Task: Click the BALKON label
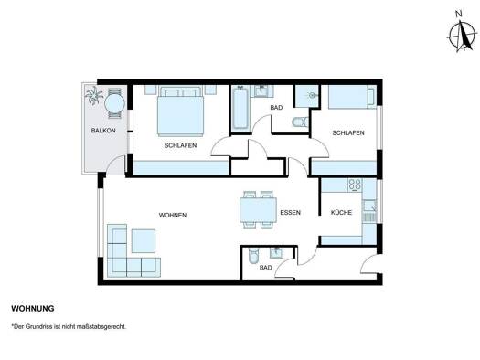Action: (x=103, y=131)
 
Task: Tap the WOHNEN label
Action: (x=173, y=216)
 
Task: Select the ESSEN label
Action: (x=290, y=213)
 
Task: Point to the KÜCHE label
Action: (x=341, y=212)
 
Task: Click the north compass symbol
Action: (x=462, y=33)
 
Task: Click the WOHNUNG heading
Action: (x=33, y=309)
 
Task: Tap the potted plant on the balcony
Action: (x=94, y=95)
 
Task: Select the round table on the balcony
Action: (x=114, y=103)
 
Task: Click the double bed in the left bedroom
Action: (x=180, y=111)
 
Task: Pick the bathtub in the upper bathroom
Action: (x=240, y=109)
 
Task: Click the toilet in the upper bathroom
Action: (x=300, y=122)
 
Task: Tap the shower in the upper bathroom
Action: (x=306, y=96)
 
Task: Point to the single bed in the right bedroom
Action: (x=352, y=97)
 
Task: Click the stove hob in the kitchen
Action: (x=355, y=185)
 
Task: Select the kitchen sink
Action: (x=369, y=206)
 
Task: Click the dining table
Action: (x=258, y=210)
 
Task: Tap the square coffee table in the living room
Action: (x=144, y=241)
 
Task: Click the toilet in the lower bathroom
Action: (x=253, y=256)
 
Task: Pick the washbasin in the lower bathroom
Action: (x=277, y=253)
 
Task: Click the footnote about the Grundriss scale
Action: (x=69, y=327)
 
